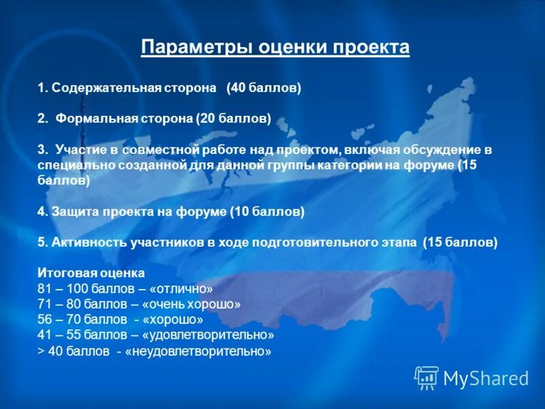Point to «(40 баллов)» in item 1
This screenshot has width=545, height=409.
(x=264, y=89)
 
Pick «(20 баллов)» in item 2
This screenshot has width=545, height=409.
(x=234, y=119)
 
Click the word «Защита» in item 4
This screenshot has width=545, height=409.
(x=72, y=212)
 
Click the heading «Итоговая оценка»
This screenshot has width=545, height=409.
(x=91, y=273)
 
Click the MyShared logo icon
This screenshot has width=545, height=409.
(x=426, y=377)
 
